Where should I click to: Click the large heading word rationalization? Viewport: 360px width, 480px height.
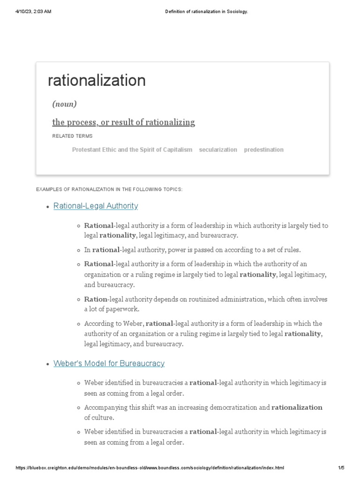97,81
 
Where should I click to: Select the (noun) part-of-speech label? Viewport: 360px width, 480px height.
64,104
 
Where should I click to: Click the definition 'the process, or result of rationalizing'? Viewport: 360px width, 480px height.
123,122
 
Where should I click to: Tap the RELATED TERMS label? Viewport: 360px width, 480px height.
72,136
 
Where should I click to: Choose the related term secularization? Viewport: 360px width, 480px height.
218,150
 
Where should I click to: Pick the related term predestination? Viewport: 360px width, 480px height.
263,150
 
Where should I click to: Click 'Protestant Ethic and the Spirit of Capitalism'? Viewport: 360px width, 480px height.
132,150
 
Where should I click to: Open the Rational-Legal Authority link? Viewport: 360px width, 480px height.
96,206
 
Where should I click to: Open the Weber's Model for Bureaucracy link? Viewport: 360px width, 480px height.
109,363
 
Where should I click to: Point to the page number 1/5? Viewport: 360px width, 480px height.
341,468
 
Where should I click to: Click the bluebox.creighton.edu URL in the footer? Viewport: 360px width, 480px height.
150,468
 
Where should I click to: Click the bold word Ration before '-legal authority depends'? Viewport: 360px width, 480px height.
96,299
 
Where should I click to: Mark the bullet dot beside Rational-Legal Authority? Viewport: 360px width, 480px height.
48,207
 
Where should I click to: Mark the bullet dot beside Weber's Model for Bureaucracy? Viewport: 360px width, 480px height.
48,364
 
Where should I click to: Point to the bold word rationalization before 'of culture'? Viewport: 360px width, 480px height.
297,407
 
